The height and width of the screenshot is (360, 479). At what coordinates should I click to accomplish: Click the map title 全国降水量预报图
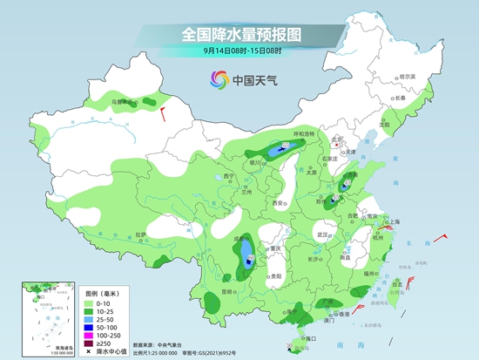click(x=239, y=34)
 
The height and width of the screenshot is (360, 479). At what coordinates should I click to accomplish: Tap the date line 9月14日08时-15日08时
click(x=239, y=52)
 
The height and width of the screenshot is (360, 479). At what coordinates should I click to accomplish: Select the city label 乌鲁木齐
click(x=123, y=102)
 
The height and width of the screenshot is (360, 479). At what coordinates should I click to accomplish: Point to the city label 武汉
click(x=325, y=234)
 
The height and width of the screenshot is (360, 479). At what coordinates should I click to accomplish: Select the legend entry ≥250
click(x=91, y=343)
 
